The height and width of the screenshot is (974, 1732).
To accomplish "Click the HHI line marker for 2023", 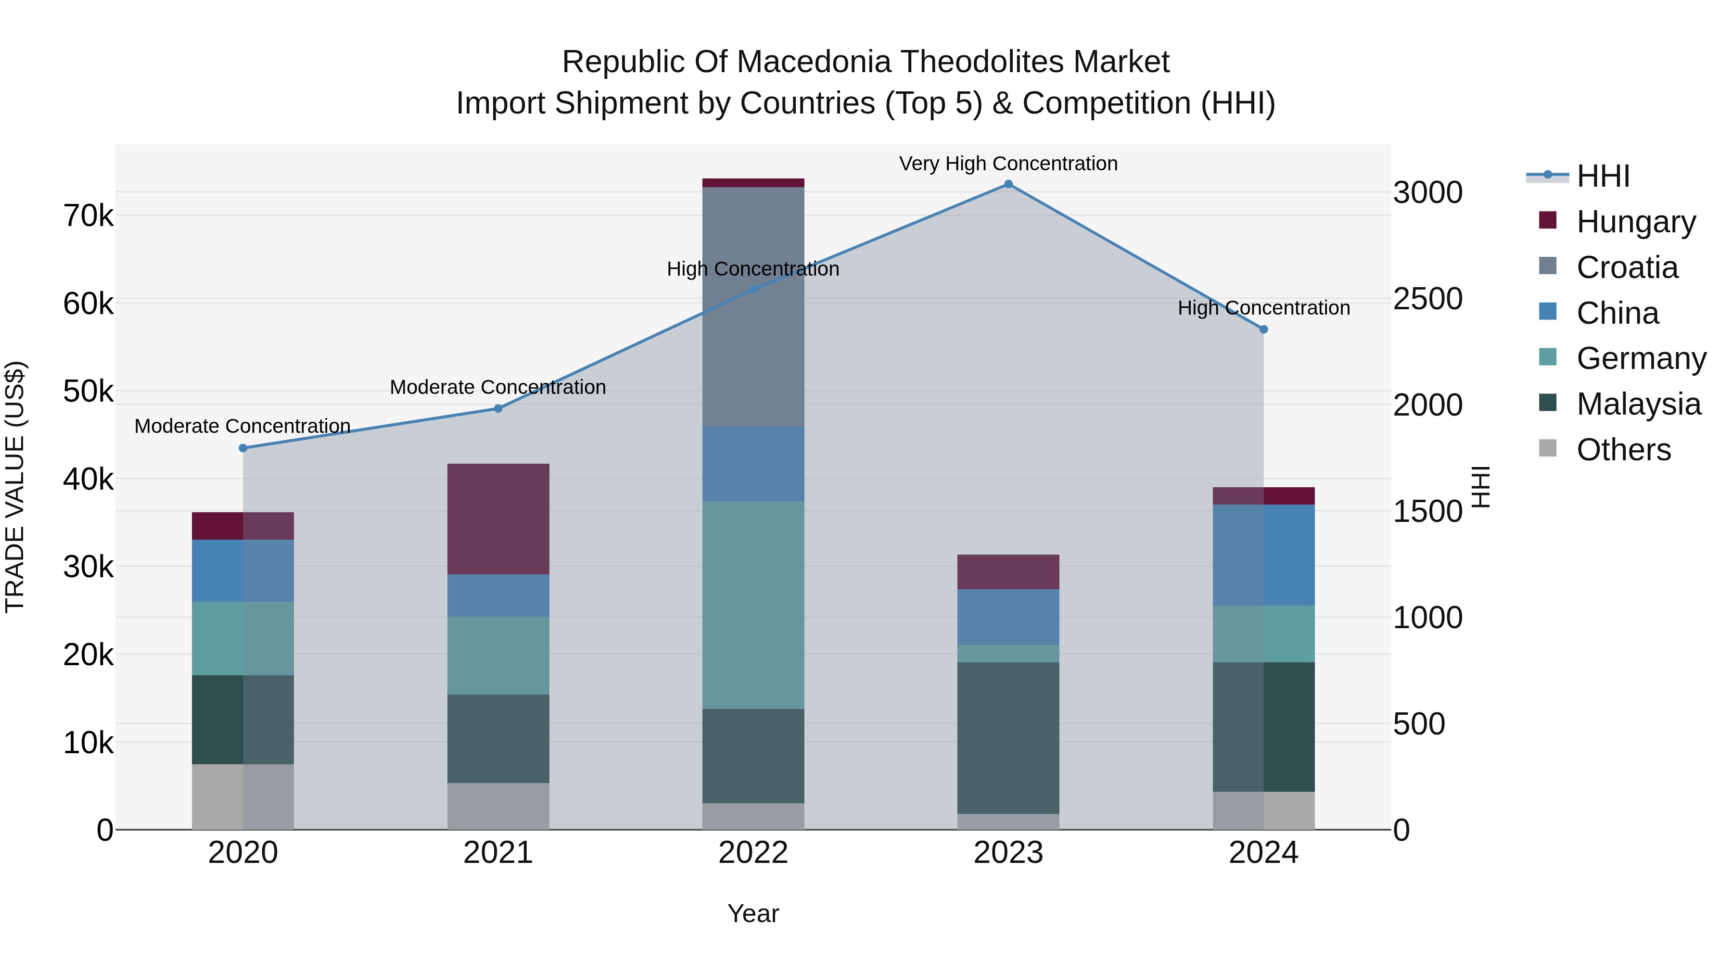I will pos(1008,184).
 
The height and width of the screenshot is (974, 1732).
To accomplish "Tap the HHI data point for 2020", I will pos(243,448).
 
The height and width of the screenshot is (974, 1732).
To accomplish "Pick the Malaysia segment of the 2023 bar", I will pos(1008,737).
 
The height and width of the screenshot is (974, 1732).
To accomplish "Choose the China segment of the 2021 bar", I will pos(498,595).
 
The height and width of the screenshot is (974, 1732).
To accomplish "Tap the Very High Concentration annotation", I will pos(1008,164).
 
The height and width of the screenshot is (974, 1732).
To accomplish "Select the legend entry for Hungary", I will pos(1635,222).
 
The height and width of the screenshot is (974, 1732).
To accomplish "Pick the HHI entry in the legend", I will pos(1603,176).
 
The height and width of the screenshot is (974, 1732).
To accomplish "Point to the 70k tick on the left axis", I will pos(88,216).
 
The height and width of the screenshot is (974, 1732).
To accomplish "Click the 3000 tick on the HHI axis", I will pos(1427,193).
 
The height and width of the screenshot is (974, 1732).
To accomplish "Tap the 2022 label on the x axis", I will pos(753,853).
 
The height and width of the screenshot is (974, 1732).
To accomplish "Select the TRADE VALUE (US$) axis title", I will pos(15,487).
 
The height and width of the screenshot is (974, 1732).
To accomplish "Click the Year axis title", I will pos(753,913).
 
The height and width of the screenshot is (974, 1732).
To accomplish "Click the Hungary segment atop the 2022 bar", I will pos(753,183).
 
